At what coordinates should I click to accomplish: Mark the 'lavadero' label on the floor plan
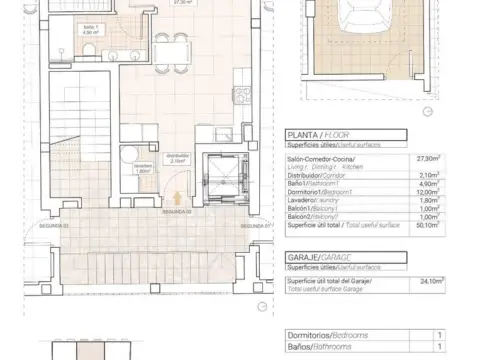click(x=142, y=167)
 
